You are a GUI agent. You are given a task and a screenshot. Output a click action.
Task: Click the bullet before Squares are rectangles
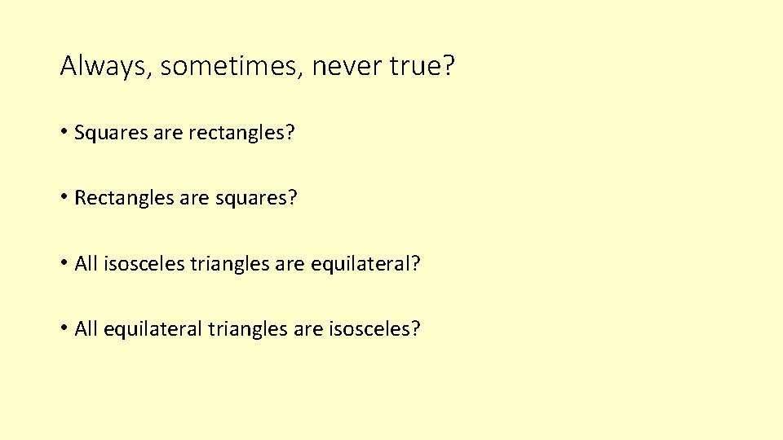pos(64,131)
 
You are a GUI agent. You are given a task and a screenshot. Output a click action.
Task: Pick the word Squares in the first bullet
pos(111,132)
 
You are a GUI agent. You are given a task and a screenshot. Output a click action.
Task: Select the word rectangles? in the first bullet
pos(241,132)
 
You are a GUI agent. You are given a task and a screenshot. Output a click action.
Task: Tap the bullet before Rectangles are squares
pos(64,197)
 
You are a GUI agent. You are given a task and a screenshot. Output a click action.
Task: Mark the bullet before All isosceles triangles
pos(64,263)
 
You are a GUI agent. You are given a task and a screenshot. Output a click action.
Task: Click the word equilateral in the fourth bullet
pos(153,330)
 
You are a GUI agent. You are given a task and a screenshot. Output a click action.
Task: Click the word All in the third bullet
pos(86,264)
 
